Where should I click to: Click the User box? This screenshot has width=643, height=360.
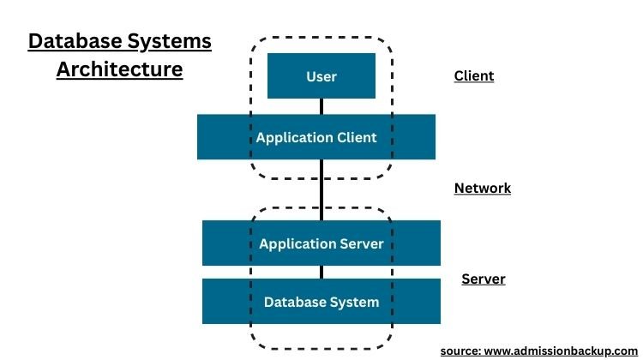(x=321, y=76)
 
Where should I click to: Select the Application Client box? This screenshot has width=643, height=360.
(x=316, y=137)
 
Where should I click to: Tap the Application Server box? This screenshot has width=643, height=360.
(x=321, y=243)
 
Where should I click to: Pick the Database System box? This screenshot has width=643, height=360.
(x=321, y=302)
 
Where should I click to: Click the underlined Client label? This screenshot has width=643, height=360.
(x=473, y=76)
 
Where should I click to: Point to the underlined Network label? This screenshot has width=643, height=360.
(x=482, y=189)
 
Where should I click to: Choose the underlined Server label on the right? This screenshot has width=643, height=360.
(x=484, y=279)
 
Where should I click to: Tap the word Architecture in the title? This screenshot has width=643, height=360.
(x=120, y=69)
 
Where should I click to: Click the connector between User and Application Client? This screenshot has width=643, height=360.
(x=321, y=106)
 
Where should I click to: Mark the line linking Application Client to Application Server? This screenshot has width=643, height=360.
(x=321, y=190)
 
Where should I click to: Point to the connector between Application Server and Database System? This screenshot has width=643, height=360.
(x=321, y=272)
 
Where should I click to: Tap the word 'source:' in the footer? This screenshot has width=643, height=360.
(x=461, y=351)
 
